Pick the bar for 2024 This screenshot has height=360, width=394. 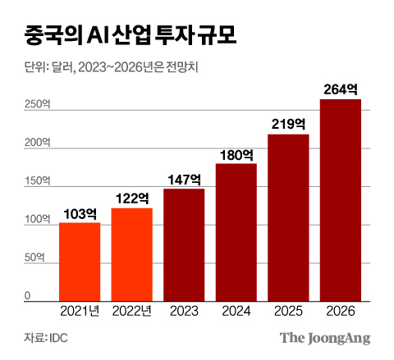click(236, 232)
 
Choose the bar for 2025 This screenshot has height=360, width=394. click(288, 217)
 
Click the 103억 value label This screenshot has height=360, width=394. click(80, 213)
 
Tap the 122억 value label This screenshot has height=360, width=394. click(131, 198)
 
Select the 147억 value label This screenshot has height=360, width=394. click(184, 180)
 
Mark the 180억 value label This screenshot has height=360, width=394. click(236, 154)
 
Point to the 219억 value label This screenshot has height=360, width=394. click(288, 125)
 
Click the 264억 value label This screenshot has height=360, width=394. click(341, 89)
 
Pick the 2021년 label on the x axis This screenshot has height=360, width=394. click(80, 311)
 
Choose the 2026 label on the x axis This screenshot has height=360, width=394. click(341, 311)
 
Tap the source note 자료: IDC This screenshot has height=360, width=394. click(46, 338)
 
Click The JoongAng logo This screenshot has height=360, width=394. click(325, 337)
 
